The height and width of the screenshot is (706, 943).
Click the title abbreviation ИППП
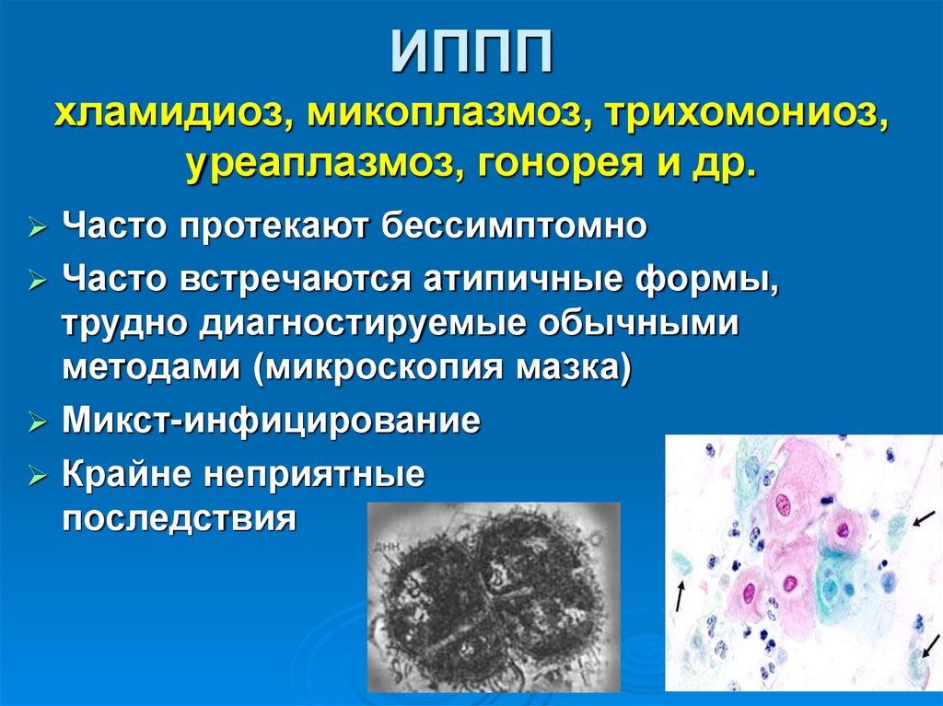click(x=471, y=56)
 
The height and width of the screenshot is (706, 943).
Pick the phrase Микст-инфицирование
click(x=272, y=422)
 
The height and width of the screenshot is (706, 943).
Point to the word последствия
click(x=180, y=519)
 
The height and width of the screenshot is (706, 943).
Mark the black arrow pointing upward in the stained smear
click(x=679, y=596)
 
